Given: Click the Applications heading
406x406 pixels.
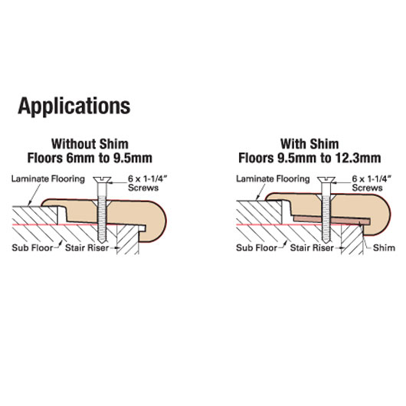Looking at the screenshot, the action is click(74, 106).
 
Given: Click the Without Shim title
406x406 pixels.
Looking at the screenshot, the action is click(90, 144).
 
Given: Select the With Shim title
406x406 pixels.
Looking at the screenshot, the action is click(309, 144).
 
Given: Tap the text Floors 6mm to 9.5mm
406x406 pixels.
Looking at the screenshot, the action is click(90, 158).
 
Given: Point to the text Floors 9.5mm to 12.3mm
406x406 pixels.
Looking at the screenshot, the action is click(309, 158).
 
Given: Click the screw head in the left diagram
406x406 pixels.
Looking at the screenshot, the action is click(103, 179).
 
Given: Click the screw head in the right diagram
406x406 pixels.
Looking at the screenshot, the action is click(326, 179).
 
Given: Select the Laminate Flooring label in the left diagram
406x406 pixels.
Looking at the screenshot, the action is click(48, 179).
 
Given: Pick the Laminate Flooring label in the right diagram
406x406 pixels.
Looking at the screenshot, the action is click(273, 179).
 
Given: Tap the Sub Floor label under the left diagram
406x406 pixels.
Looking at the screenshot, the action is click(32, 247).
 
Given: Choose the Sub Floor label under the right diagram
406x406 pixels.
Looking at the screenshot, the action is click(257, 247).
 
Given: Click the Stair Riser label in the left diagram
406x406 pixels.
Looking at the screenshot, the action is click(87, 247).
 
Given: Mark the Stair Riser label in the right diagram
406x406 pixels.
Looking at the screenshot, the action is click(312, 247).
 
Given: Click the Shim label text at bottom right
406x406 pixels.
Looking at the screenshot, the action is click(384, 247).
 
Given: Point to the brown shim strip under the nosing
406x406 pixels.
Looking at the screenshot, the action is click(332, 220).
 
